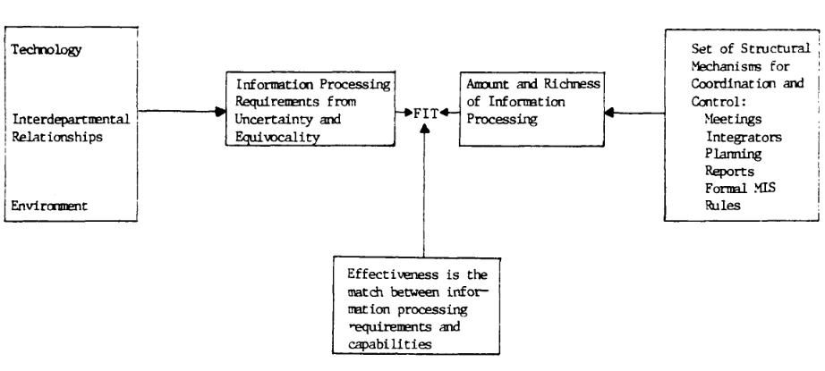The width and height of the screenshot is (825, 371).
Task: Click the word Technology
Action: tap(47, 50)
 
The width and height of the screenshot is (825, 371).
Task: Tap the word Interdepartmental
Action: tap(71, 119)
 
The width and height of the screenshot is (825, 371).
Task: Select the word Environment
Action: tap(49, 206)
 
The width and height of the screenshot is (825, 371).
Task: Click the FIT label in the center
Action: tap(426, 114)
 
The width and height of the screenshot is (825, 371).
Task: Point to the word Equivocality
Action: tap(277, 137)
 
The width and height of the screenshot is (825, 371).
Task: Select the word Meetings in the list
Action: tap(734, 119)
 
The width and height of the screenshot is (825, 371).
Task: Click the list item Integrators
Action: tap(744, 137)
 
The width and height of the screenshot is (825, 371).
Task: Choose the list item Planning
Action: tap(734, 154)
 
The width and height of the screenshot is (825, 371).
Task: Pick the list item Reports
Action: tap(730, 172)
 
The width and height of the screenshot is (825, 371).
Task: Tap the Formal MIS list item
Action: tap(740, 188)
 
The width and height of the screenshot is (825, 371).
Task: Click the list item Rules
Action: tap(723, 205)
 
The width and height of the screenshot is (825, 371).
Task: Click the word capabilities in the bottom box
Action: tap(389, 345)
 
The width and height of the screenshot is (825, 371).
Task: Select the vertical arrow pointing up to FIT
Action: tap(425, 190)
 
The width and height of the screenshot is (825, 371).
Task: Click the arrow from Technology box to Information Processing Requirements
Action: tap(182, 111)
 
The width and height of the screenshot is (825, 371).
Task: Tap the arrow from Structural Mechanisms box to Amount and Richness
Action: tap(634, 112)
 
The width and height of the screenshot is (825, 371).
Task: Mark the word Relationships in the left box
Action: tap(57, 137)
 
